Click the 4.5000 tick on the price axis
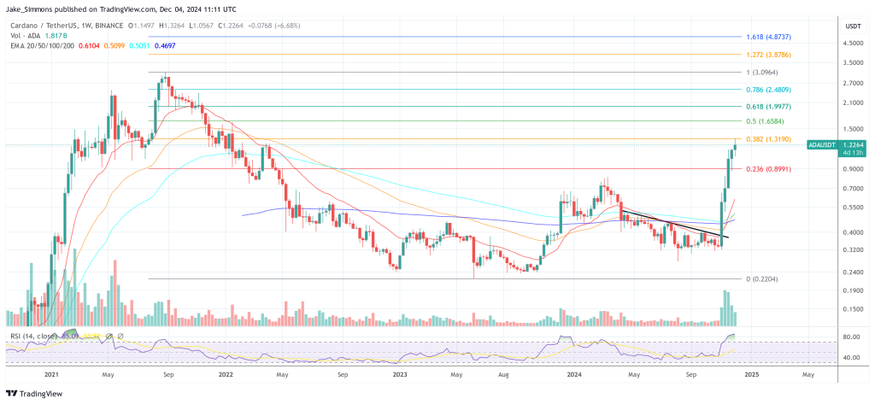pos(830,42)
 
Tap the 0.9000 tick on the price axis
pos(830,169)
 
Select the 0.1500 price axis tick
pos(830,309)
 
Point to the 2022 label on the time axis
pos(226,373)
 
